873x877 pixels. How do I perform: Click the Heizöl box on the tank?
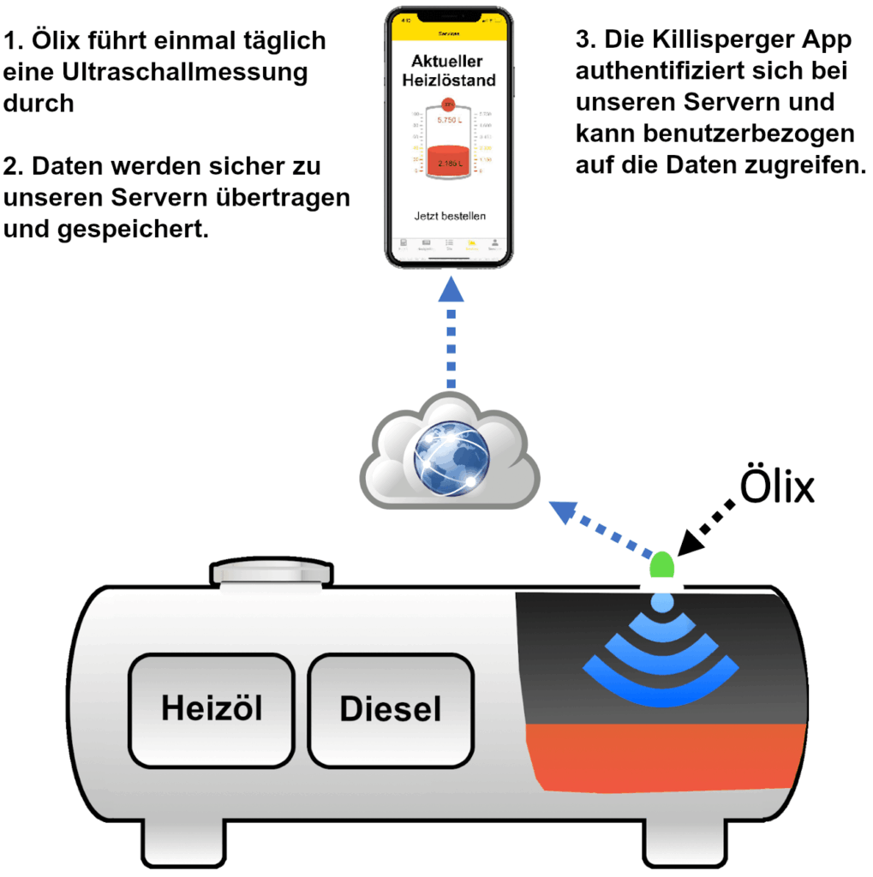(x=212, y=710)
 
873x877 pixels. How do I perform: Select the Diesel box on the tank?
(x=390, y=710)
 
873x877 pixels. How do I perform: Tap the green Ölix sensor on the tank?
(x=662, y=565)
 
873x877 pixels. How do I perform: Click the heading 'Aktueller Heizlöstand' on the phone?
(x=449, y=71)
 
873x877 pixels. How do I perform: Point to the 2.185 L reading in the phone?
(x=449, y=163)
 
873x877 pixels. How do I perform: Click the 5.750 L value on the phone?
(x=449, y=121)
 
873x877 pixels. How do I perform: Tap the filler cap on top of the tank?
(x=271, y=572)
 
